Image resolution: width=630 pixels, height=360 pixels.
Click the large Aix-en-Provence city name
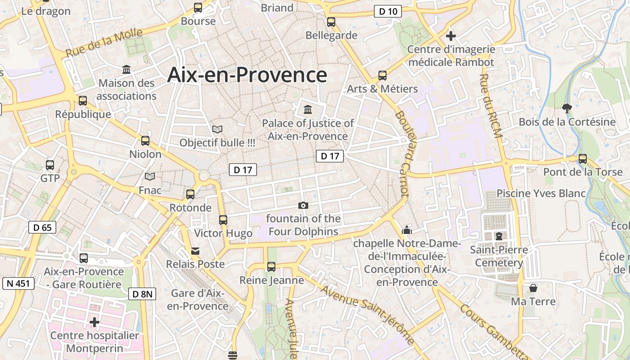pyautogui.click(x=247, y=75)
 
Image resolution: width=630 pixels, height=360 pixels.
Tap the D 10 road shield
pyautogui.click(x=387, y=12)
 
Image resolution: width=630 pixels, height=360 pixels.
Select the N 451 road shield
pyautogui.click(x=18, y=283)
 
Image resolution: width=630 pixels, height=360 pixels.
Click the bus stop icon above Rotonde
pyautogui.click(x=190, y=194)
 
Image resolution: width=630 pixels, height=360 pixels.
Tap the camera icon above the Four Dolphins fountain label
pyautogui.click(x=303, y=206)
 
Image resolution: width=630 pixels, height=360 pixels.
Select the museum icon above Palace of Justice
pyautogui.click(x=308, y=109)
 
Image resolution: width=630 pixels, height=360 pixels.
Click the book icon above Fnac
pyautogui.click(x=150, y=177)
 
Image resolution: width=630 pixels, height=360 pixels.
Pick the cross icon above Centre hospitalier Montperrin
pyautogui.click(x=94, y=322)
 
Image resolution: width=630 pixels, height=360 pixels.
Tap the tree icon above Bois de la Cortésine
pyautogui.click(x=567, y=108)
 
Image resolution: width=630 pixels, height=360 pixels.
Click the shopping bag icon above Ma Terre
pyautogui.click(x=533, y=288)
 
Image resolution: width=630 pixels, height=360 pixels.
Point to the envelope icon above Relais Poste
pyautogui.click(x=195, y=251)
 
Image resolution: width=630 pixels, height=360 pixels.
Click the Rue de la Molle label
pyautogui.click(x=104, y=43)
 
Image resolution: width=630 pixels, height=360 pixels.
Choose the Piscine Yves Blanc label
pyautogui.click(x=541, y=193)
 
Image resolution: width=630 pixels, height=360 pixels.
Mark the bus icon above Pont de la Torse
pyautogui.click(x=583, y=158)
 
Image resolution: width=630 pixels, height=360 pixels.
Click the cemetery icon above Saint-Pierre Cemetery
pyautogui.click(x=499, y=236)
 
